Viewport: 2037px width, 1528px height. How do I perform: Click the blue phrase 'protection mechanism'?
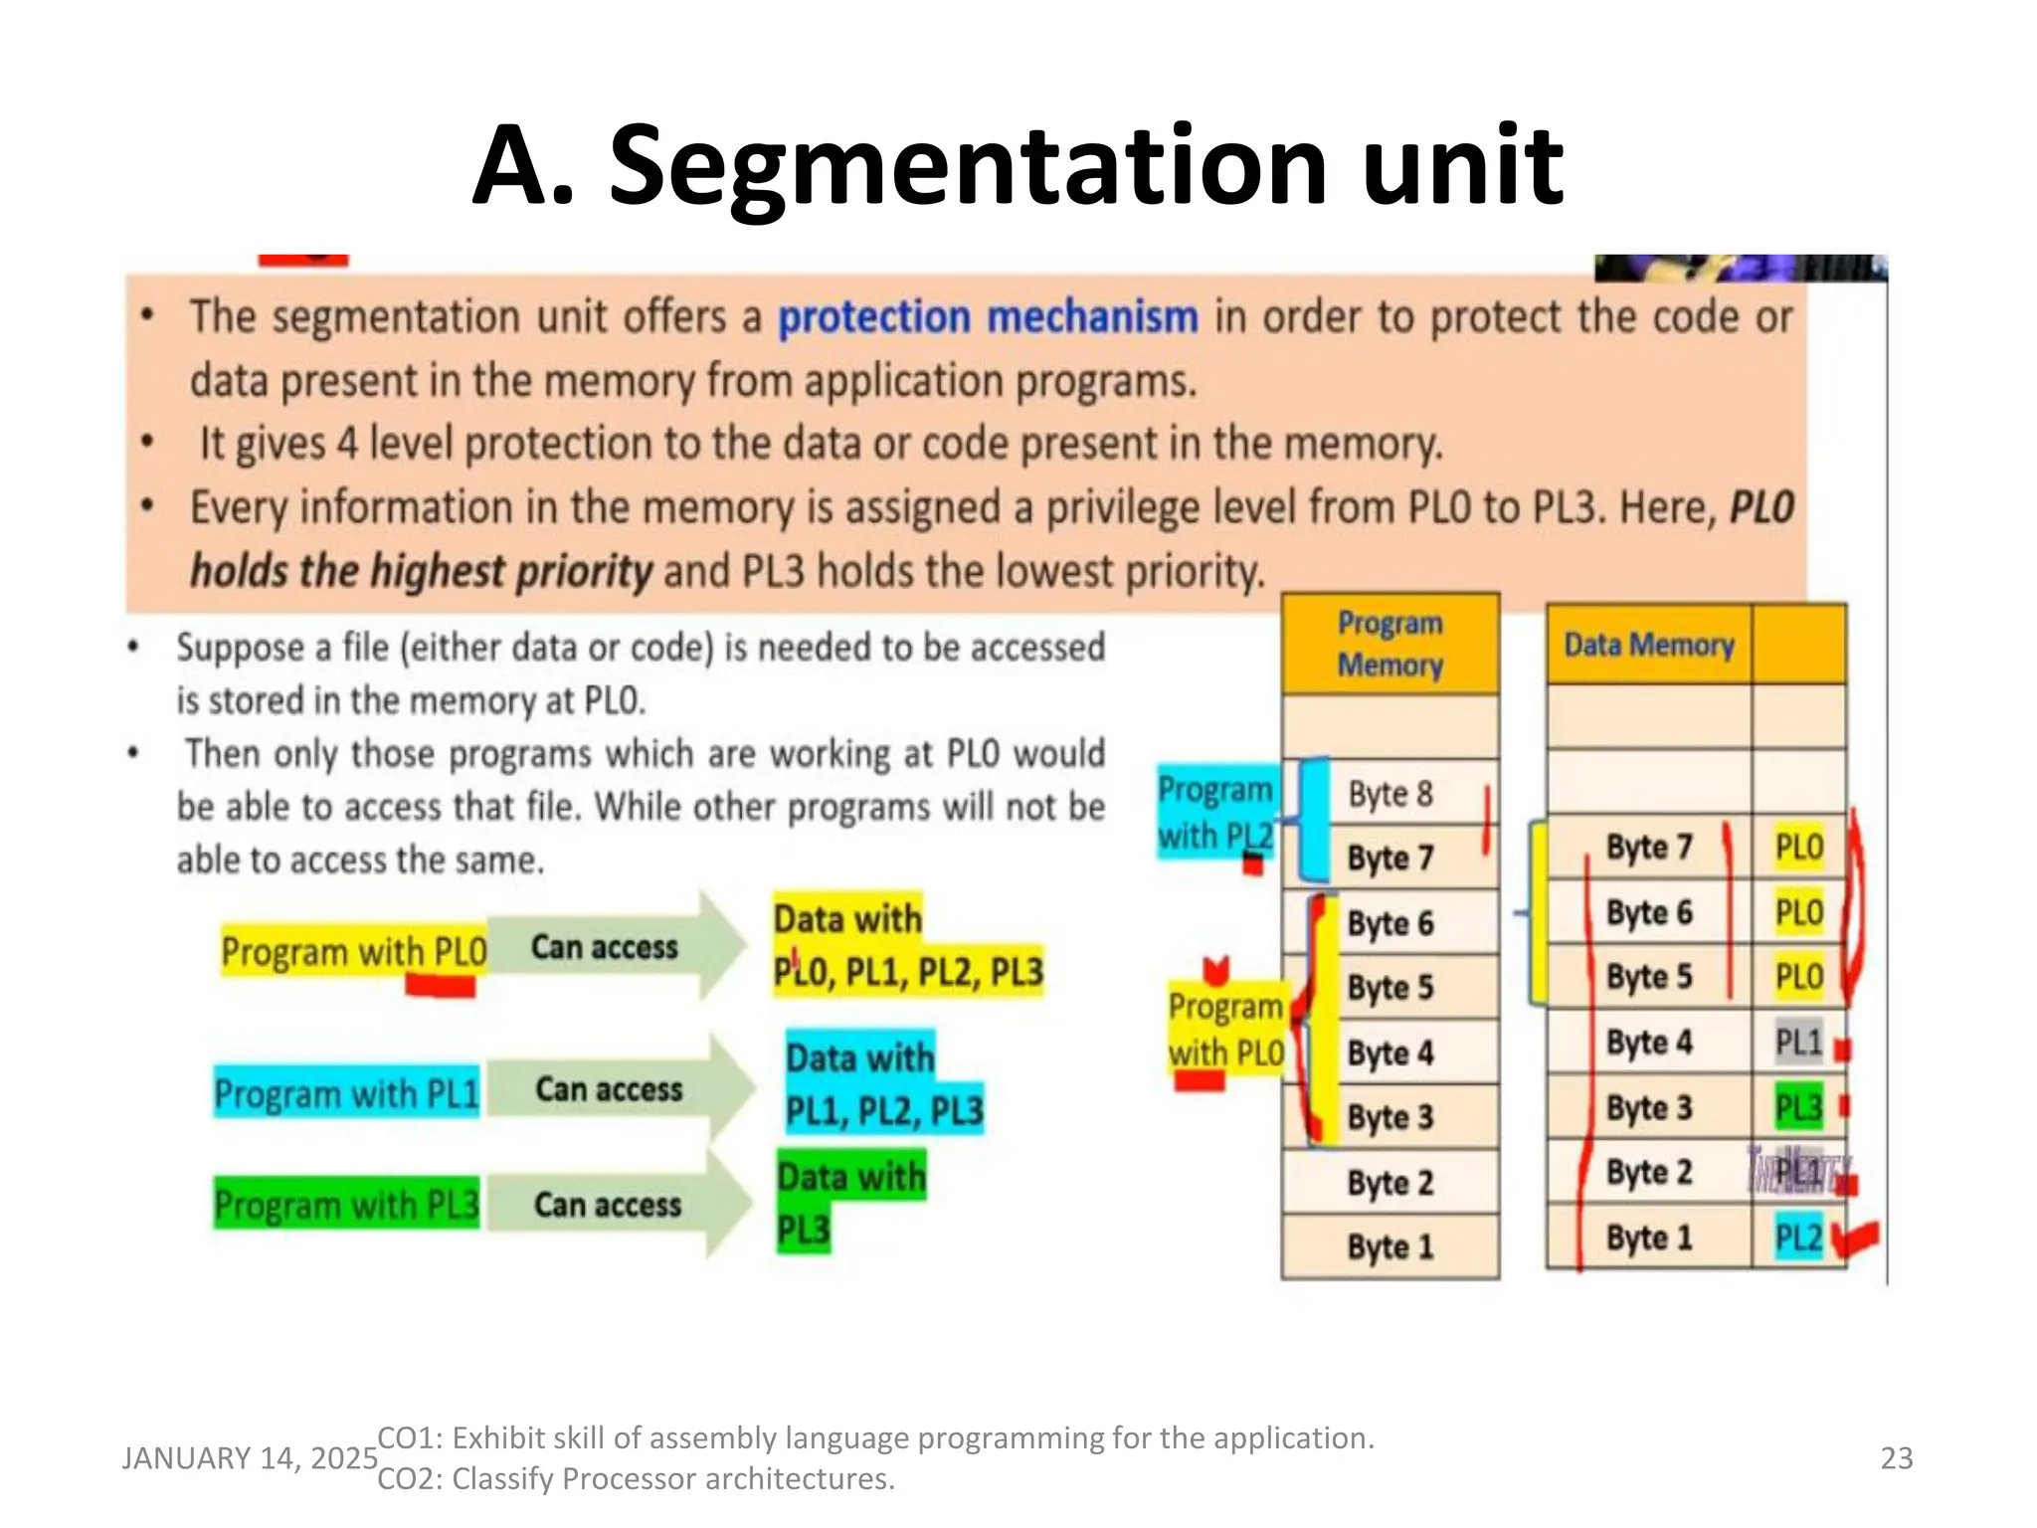(987, 317)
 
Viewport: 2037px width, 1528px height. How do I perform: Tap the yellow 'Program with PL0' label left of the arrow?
(353, 951)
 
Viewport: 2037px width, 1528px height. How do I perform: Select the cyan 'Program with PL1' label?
(346, 1093)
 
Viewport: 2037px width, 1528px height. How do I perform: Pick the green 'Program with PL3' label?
(346, 1205)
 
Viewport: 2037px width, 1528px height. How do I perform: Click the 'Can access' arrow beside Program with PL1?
(612, 1089)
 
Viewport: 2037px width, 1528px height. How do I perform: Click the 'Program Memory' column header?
(1389, 644)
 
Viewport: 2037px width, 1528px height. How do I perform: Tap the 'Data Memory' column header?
(1648, 645)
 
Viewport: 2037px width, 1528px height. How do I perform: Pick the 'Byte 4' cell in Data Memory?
(1648, 1042)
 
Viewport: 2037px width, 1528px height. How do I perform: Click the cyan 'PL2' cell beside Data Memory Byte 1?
(1798, 1237)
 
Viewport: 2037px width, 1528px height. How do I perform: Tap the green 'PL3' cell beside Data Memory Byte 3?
(1798, 1107)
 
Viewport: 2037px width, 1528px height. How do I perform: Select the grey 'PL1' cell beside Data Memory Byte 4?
(1798, 1042)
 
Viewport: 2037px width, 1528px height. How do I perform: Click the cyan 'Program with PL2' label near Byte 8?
(1214, 812)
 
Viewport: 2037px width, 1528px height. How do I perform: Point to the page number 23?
(1896, 1457)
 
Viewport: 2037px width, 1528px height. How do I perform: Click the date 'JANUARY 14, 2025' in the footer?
(250, 1457)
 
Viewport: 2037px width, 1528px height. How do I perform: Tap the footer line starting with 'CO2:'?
(636, 1478)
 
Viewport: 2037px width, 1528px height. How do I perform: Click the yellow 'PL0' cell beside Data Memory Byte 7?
(1798, 847)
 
